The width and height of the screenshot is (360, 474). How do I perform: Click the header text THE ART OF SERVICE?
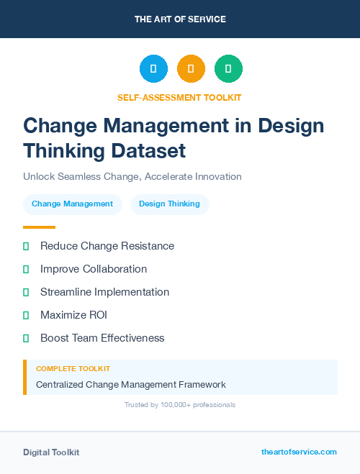(180, 19)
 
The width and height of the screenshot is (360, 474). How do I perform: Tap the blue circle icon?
(153, 69)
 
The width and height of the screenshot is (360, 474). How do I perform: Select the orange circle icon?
(191, 69)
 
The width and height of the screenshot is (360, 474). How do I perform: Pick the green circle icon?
(228, 69)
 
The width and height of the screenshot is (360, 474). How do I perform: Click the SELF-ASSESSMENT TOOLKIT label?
(179, 97)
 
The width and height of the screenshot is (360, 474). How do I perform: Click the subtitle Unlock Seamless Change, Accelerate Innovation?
(132, 176)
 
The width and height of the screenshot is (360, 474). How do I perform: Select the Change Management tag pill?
(72, 204)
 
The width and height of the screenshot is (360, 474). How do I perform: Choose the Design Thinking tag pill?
(169, 204)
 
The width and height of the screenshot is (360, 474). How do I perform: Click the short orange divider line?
(39, 227)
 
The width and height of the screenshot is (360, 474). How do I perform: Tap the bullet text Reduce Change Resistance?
(107, 246)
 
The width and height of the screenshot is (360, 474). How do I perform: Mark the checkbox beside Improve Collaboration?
(26, 269)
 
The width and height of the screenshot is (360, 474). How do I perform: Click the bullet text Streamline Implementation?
(104, 292)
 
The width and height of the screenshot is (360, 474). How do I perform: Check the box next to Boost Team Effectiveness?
(26, 338)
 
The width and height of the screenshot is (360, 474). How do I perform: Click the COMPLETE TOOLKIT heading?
(73, 369)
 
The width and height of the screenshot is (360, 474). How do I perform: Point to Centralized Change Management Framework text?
(131, 385)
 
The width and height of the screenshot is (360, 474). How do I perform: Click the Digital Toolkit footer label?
(51, 452)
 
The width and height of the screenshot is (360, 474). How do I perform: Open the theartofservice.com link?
(299, 452)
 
